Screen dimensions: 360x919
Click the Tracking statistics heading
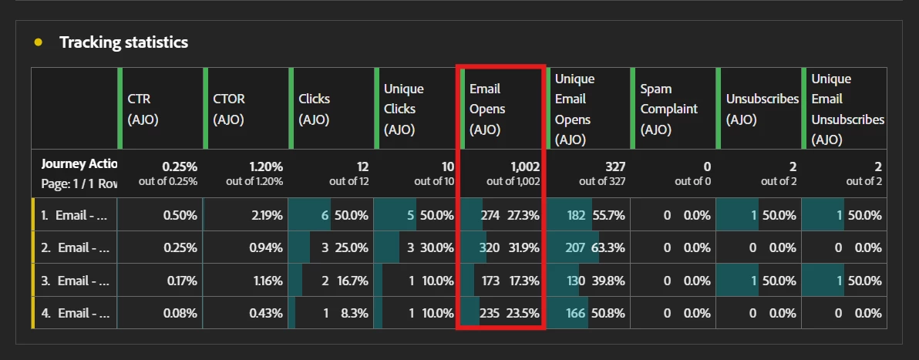point(123,42)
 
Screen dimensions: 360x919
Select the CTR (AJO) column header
point(143,109)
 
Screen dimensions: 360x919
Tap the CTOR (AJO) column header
point(230,109)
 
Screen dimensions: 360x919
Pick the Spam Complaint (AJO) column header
point(668,109)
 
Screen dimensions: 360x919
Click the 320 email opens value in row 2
point(489,248)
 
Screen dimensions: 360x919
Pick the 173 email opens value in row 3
point(490,281)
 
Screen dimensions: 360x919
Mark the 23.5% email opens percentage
point(523,314)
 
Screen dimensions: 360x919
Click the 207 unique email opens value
point(575,248)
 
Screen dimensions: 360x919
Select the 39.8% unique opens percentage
point(608,281)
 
